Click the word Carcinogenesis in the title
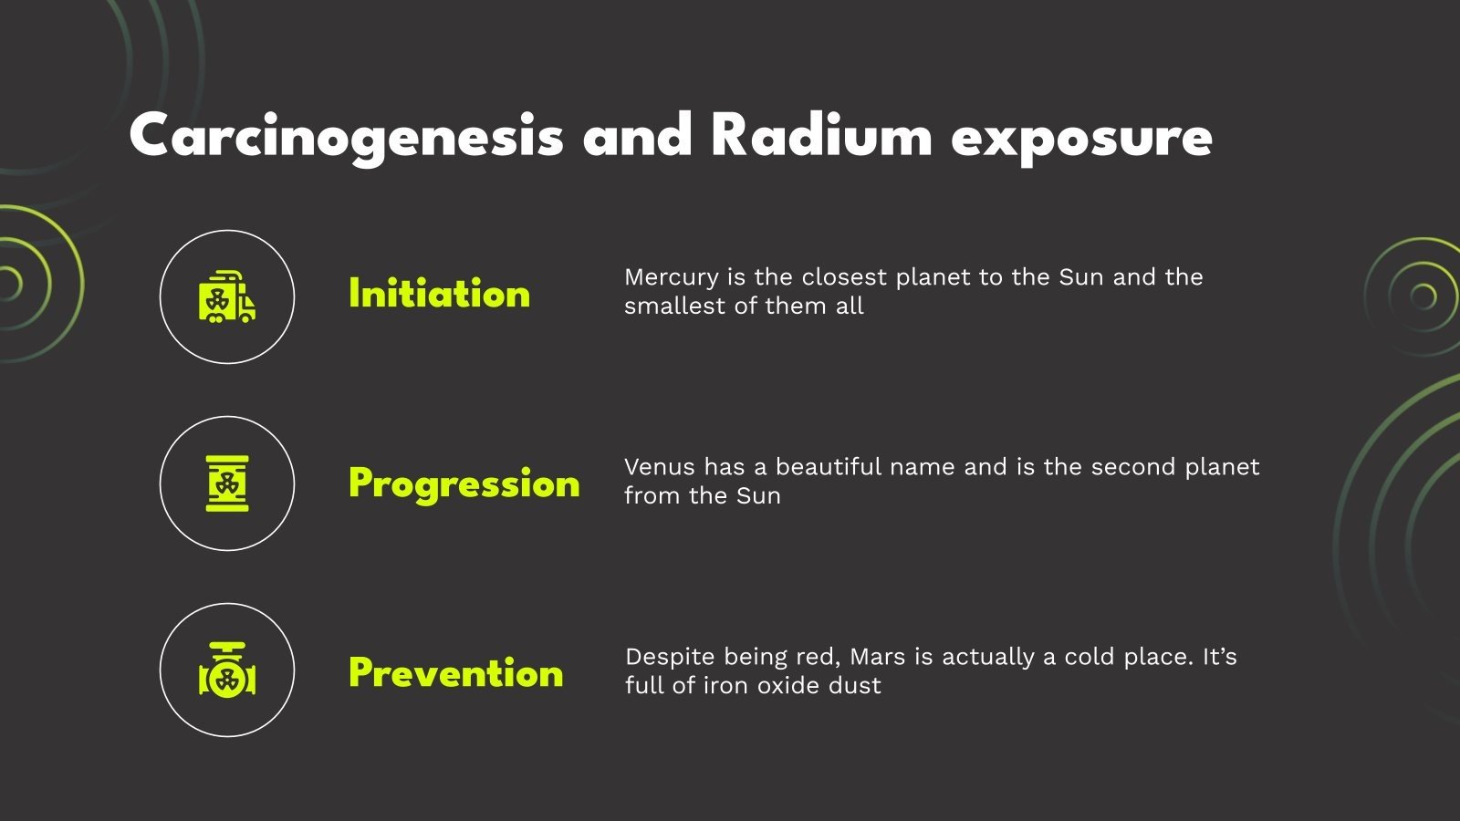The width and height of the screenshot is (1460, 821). (x=346, y=137)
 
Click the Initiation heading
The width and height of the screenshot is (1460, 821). (x=439, y=294)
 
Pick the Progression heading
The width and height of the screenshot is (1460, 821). (x=464, y=483)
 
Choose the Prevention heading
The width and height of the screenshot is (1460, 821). (x=455, y=673)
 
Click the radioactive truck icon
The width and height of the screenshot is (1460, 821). (x=227, y=297)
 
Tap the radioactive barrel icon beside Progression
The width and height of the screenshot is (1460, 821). (x=227, y=483)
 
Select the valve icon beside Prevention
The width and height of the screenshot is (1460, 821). (x=227, y=670)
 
